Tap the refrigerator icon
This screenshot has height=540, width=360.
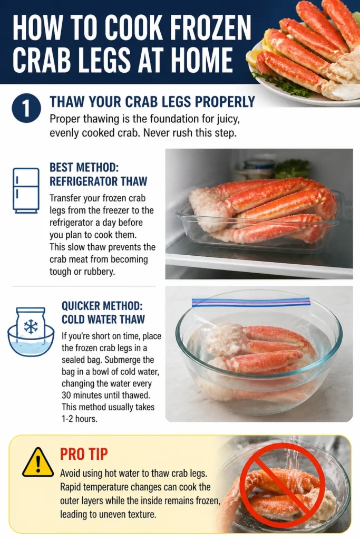pos(26,190)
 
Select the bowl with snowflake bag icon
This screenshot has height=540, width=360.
pos(31,331)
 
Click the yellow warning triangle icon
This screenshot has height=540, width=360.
pos(38,462)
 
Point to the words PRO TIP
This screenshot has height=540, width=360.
pos(84,454)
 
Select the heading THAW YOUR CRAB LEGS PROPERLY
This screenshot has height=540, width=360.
pos(152,102)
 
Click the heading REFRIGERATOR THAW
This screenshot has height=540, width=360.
pos(99,181)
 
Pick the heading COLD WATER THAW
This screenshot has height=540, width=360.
pos(103,319)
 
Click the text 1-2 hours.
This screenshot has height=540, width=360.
pos(80,419)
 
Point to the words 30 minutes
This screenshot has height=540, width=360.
pos(83,395)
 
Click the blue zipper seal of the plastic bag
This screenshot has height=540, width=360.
pos(251,302)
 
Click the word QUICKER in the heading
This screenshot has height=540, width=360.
pos(82,305)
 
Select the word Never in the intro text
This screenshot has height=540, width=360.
pos(155,132)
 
